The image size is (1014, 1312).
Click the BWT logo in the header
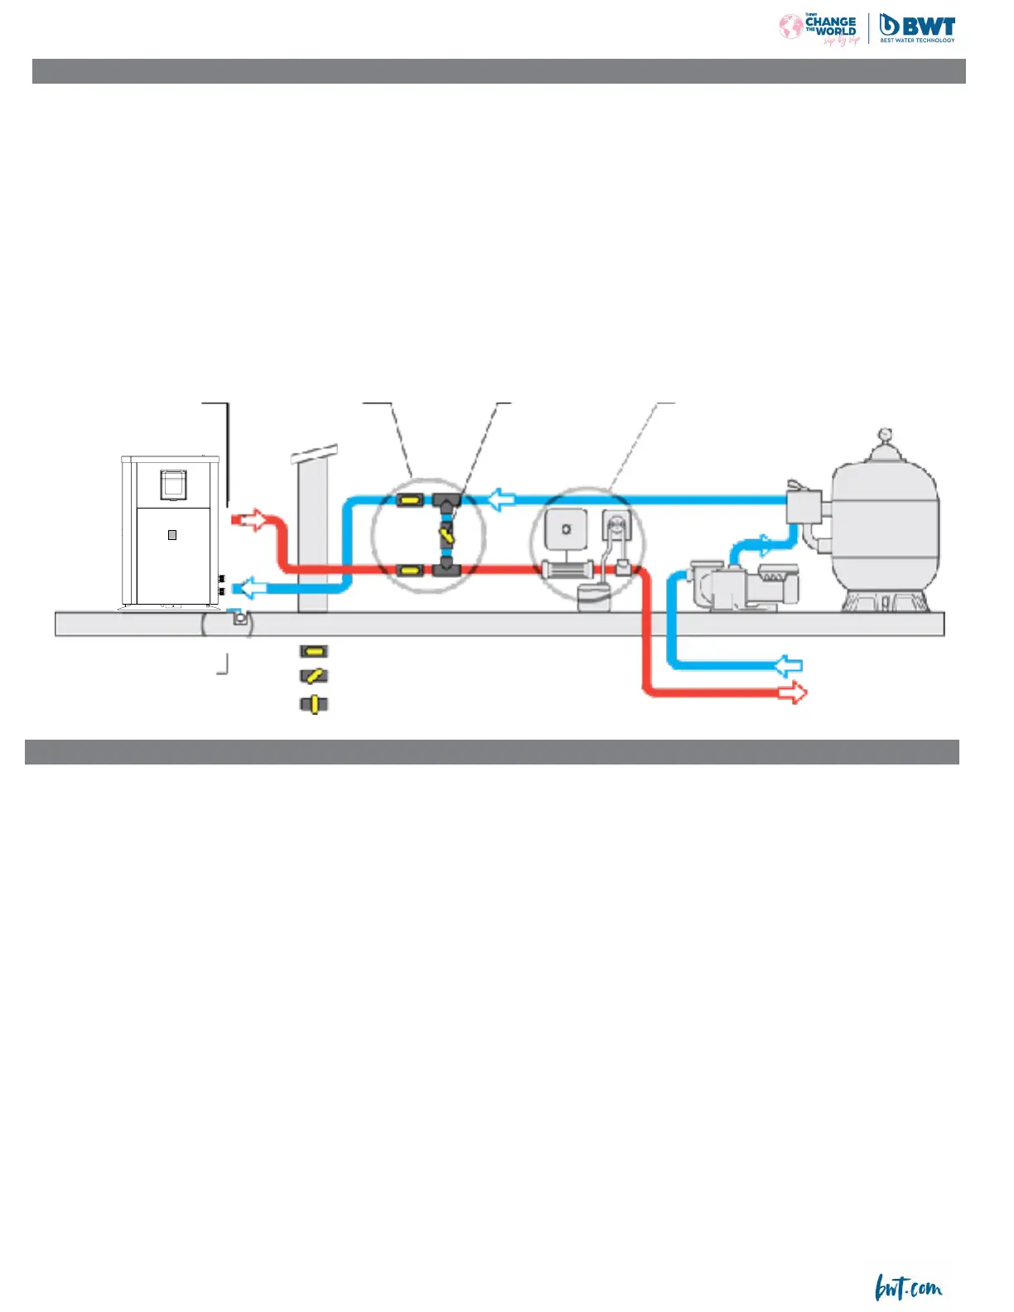916,28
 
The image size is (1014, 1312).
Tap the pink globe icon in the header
790,27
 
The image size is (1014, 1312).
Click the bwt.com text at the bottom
908,1289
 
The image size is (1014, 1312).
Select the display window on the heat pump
173,484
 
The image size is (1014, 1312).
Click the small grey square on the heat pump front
172,535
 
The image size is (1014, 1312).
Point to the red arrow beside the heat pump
250,520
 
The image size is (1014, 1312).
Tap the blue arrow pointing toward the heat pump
249,589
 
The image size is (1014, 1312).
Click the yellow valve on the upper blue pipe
410,499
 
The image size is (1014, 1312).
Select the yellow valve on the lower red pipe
410,570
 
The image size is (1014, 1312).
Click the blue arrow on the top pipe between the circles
501,499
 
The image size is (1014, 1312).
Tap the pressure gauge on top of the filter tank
886,433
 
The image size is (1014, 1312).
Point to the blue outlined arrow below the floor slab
788,665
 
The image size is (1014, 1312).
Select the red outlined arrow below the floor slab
792,692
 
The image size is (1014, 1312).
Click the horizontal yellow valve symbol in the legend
313,651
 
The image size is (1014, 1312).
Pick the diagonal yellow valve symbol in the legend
313,677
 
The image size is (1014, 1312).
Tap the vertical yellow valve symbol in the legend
313,705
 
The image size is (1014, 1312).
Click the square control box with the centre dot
567,529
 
